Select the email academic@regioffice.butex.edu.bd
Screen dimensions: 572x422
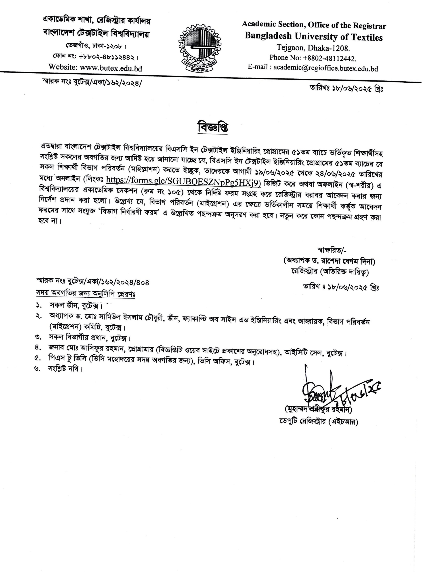[x=325, y=68]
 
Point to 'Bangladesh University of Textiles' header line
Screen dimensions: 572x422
[x=314, y=37]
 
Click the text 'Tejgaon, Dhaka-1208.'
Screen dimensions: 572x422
[x=313, y=48]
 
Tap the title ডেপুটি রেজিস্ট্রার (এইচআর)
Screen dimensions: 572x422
[x=319, y=421]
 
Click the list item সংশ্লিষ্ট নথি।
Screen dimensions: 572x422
[x=65, y=369]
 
